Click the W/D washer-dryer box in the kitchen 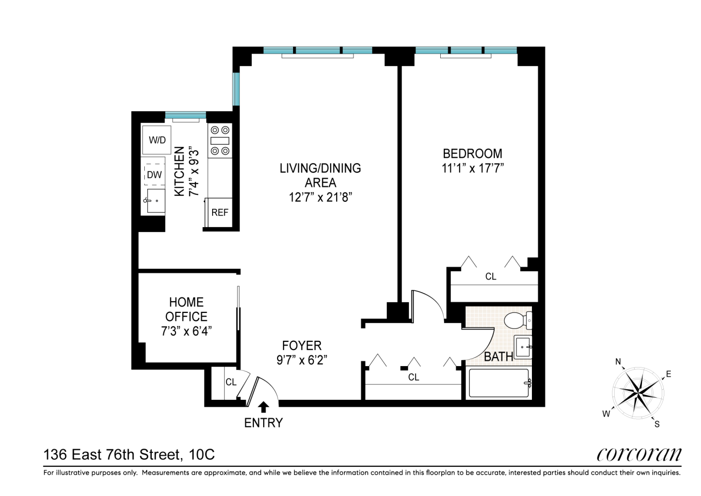(157, 140)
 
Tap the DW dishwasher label (154, 175)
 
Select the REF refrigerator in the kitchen (220, 212)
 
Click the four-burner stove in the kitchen (220, 141)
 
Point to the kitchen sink (156, 200)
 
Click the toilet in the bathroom (518, 320)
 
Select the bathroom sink (523, 347)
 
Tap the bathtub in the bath (499, 383)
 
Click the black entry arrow (264, 407)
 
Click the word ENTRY (263, 423)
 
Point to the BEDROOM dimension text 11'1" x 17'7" (472, 169)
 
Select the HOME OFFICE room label (186, 310)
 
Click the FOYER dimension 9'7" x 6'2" (301, 360)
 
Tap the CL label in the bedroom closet (491, 277)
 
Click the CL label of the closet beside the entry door (231, 382)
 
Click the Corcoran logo (639, 454)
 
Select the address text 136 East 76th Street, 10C (129, 454)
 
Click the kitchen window (185, 116)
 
